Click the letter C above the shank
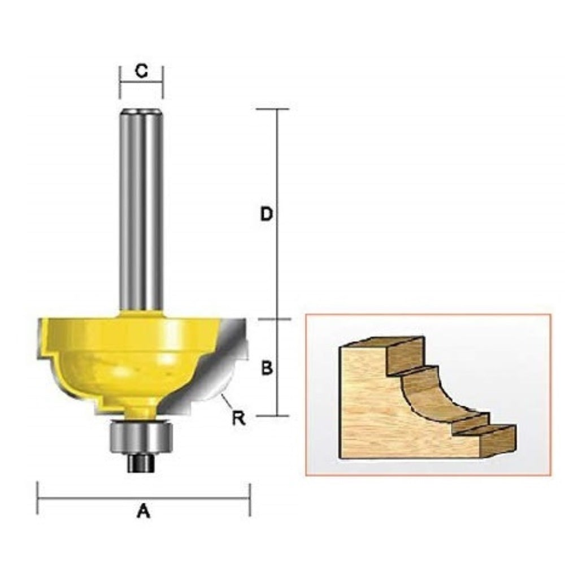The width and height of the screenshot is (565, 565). (141, 71)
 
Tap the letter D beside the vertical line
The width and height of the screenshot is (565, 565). (266, 214)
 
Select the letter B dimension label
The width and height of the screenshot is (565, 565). (267, 368)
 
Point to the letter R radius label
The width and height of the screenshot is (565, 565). (238, 418)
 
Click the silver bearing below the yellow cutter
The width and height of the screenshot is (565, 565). (141, 437)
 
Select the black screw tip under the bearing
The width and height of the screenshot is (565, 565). (141, 463)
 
